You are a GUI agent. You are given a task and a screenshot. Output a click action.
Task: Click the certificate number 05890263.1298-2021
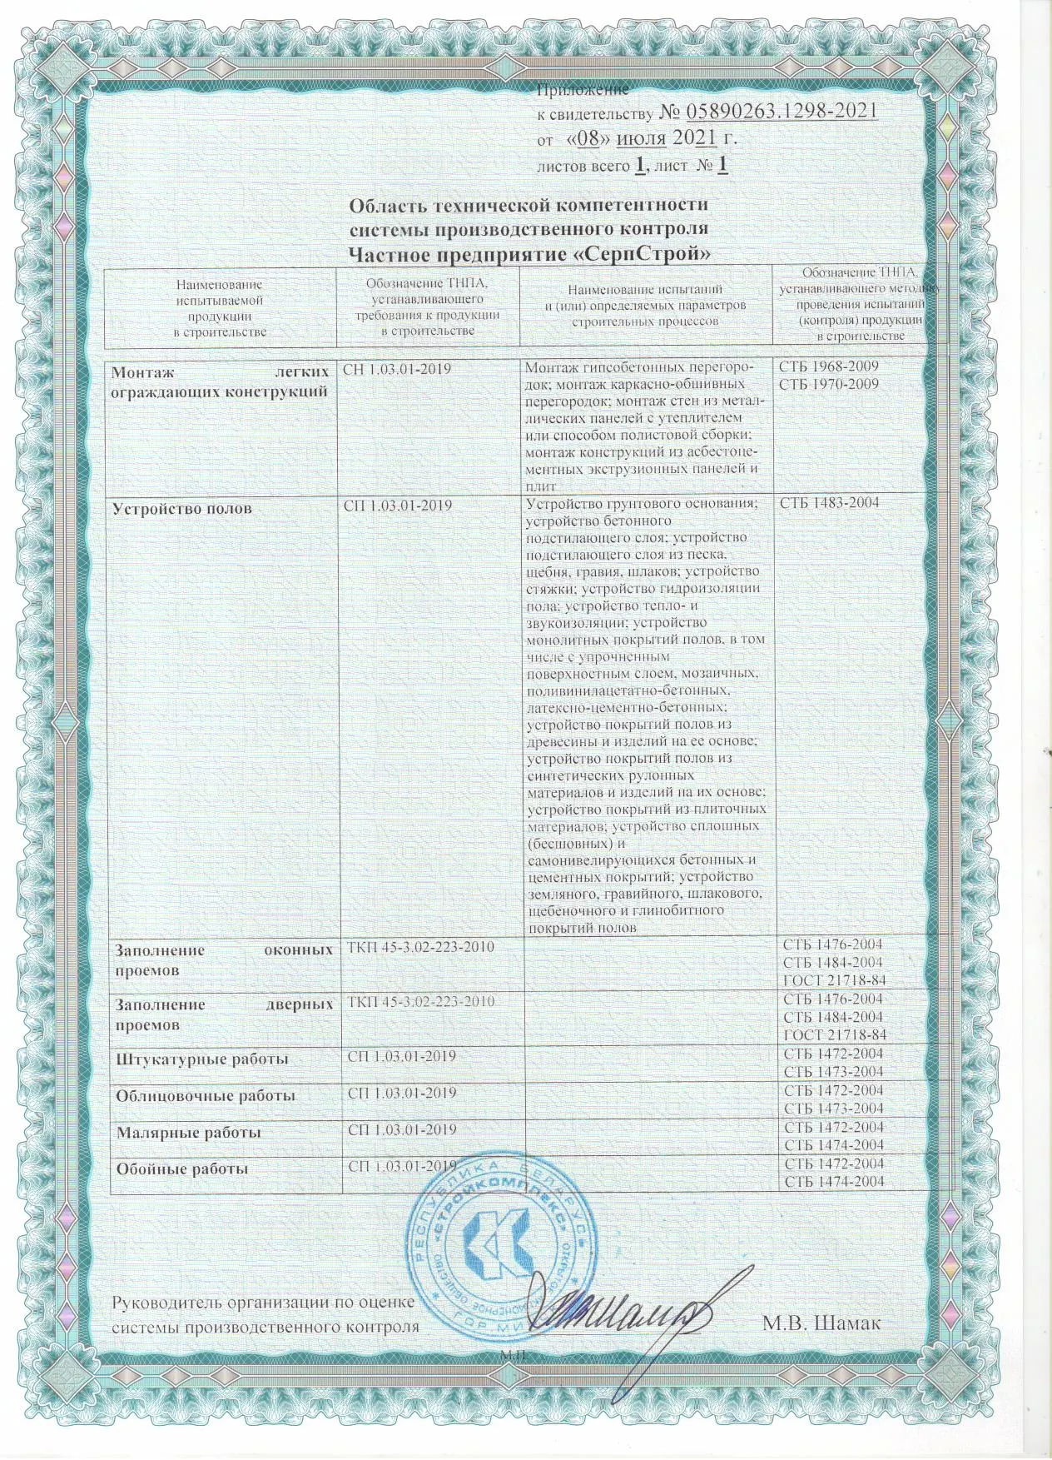pos(780,111)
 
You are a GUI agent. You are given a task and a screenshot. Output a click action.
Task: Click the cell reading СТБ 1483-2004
pos(829,503)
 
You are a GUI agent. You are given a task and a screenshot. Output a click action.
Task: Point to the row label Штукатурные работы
pos(201,1059)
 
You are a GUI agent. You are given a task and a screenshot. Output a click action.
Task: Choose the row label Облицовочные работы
pos(205,1096)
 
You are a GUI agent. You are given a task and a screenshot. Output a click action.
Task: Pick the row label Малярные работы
pos(188,1133)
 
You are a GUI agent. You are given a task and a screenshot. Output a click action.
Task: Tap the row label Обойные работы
pos(181,1169)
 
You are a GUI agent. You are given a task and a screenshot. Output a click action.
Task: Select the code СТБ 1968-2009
pos(829,366)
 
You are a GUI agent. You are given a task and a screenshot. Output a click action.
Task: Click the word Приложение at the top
pos(583,89)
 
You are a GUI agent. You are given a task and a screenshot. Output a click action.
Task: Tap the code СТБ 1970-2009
pos(829,384)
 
